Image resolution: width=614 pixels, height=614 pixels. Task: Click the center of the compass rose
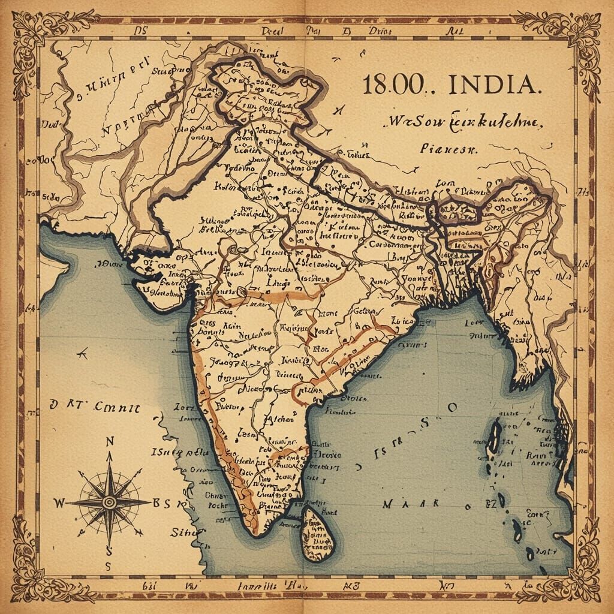tap(109, 502)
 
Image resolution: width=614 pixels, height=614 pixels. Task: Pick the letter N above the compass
tap(109, 442)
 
